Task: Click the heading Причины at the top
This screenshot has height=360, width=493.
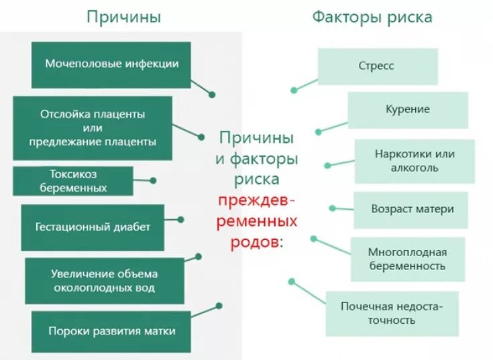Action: coord(123,17)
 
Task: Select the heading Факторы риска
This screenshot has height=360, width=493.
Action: coord(372,17)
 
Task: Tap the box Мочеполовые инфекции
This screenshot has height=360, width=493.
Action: coord(111,64)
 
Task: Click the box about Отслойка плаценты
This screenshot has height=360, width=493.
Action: coord(93,127)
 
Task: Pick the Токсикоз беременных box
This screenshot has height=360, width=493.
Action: coord(73,180)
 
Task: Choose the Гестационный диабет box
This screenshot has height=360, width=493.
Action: coord(93,227)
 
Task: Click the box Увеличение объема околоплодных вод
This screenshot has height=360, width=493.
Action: coord(104,280)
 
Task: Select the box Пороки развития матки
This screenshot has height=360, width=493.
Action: coord(111,331)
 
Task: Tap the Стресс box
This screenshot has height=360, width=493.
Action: coord(378,66)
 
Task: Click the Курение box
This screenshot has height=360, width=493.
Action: coord(407,109)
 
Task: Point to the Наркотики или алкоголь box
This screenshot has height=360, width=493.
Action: coord(414,161)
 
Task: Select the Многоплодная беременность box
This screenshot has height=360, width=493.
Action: coord(406,259)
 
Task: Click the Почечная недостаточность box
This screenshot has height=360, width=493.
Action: coord(392,313)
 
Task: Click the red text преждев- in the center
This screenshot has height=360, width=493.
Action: coord(256,200)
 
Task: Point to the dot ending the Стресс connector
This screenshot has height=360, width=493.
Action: coord(293,90)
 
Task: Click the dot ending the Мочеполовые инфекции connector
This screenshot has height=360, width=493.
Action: coord(213,95)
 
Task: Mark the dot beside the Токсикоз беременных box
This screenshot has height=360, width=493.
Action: coord(154,180)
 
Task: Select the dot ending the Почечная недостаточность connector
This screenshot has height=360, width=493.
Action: coord(290,282)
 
